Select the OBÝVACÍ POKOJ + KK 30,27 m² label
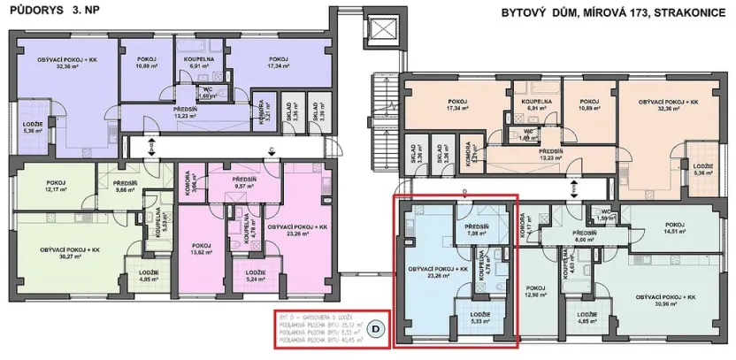click(69, 254)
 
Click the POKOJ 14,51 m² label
click(677, 228)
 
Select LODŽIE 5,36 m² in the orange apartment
click(703, 170)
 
